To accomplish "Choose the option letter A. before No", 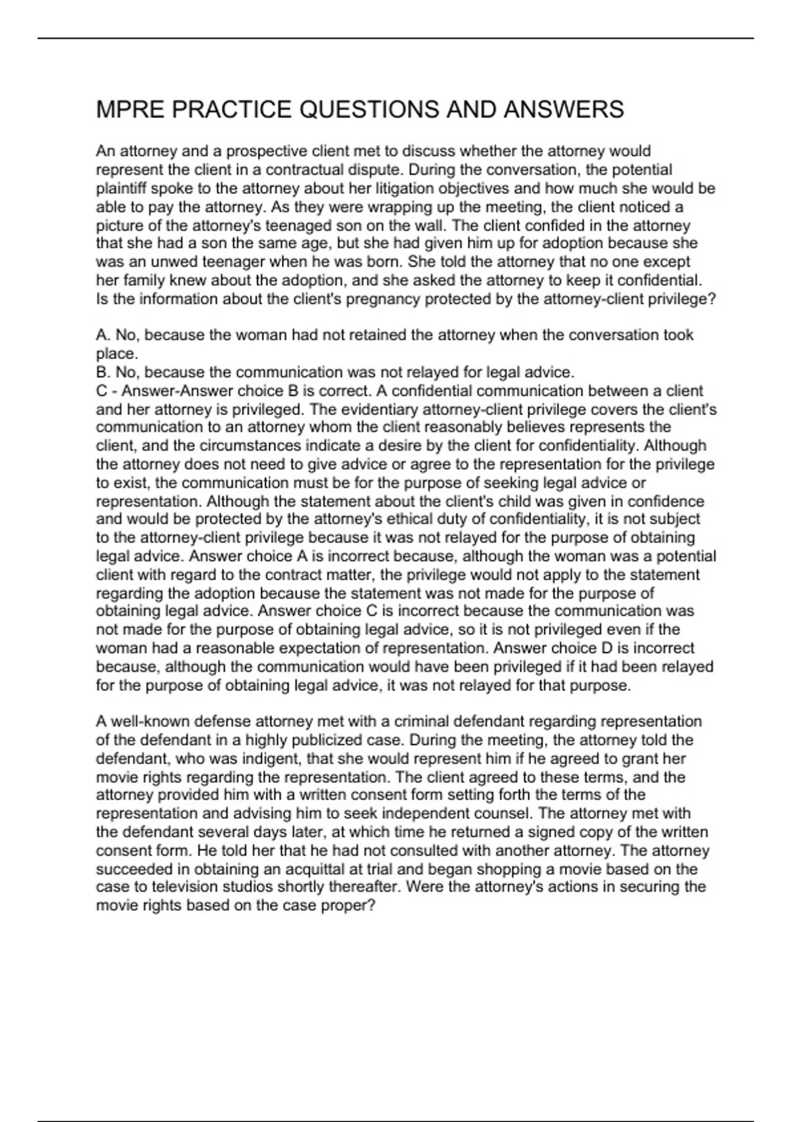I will coord(103,335).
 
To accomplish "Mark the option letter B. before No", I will coord(103,372).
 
